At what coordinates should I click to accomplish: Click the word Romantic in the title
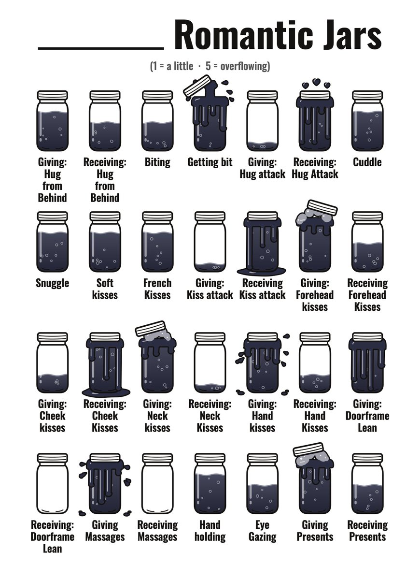coord(245,35)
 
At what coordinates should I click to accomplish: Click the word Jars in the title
coord(352,35)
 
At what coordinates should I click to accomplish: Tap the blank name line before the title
coord(101,48)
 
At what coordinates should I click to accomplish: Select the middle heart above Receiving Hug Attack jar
coord(316,82)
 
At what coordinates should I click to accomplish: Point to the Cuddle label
coord(367,162)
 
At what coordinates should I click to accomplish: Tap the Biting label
coord(157,162)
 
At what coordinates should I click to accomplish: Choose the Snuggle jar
coord(53,242)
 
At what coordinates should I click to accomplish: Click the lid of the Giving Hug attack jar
coord(263,95)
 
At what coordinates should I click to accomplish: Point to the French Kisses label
coord(157,289)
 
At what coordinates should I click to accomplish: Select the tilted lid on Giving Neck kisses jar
coord(151,329)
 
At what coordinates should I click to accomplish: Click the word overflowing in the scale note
coord(244,67)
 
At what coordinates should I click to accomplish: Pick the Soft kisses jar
coord(105,242)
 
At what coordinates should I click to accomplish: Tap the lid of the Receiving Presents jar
coord(367,458)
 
